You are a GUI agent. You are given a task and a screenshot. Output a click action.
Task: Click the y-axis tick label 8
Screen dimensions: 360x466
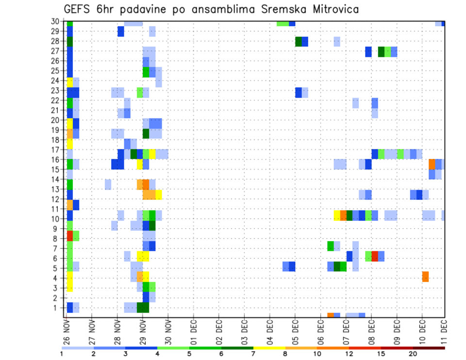pos(57,239)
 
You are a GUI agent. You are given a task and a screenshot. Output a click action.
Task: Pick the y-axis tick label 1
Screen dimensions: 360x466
pos(57,308)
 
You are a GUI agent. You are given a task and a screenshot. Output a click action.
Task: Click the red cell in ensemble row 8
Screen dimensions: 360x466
pos(69,236)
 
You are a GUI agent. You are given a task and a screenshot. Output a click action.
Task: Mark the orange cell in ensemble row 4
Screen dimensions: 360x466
pos(425,277)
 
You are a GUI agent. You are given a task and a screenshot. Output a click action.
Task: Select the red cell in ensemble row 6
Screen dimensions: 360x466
pos(375,256)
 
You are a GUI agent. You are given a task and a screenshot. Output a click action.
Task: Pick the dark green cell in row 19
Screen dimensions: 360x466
pos(146,133)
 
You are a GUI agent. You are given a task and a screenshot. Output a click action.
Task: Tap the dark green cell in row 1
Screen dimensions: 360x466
pos(143,308)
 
